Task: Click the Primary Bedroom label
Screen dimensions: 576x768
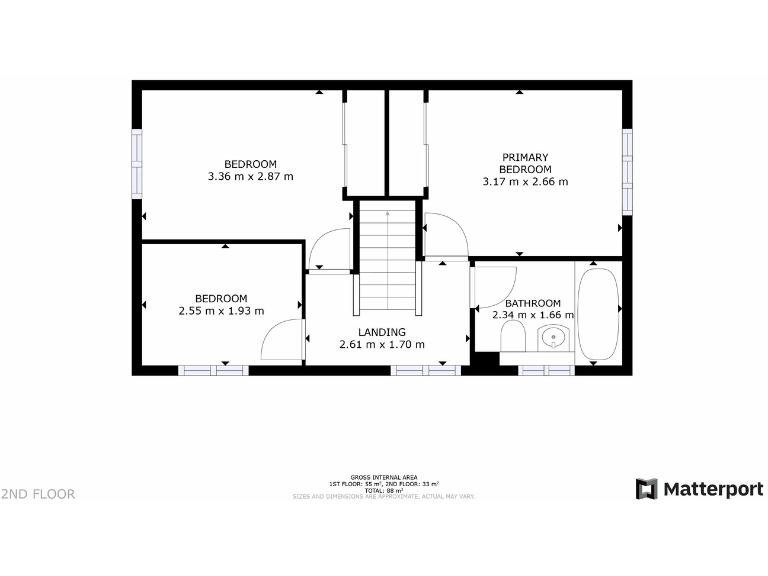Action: tap(525, 163)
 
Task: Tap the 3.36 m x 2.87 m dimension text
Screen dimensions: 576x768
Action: tap(250, 176)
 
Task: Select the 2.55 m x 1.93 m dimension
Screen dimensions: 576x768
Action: tap(221, 310)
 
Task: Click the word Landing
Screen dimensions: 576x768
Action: tap(382, 332)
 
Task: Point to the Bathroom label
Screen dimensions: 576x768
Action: tap(532, 303)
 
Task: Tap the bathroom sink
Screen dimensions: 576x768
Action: tap(553, 338)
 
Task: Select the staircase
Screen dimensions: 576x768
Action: tap(387, 260)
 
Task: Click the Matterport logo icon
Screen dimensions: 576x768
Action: tap(648, 489)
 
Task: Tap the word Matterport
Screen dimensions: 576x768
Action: tap(707, 489)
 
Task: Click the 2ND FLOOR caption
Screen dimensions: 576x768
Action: tap(38, 493)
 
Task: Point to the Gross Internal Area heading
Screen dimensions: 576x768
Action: tap(384, 478)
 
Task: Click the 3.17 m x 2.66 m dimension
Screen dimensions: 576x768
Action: tap(525, 182)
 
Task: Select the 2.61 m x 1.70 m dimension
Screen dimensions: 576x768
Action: tap(382, 345)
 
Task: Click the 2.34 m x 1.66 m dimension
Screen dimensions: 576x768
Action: tap(533, 315)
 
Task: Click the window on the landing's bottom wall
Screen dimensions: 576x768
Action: tap(425, 370)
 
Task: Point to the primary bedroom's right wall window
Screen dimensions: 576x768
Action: tap(627, 171)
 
